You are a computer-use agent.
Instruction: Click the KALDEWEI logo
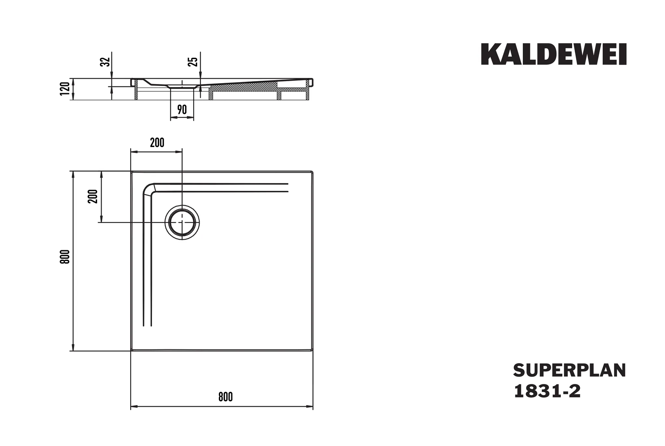[553, 55]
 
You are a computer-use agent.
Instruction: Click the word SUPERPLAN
[569, 371]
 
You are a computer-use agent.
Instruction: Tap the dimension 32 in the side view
[105, 62]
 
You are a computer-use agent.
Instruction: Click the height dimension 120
[65, 89]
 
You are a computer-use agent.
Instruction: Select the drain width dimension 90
[182, 110]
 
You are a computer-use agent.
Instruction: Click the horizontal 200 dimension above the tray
[157, 143]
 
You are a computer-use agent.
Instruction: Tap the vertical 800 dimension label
[65, 256]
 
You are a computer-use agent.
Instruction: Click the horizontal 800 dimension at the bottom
[225, 397]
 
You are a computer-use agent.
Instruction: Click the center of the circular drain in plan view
[182, 222]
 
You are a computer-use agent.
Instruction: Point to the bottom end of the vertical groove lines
[147, 325]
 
